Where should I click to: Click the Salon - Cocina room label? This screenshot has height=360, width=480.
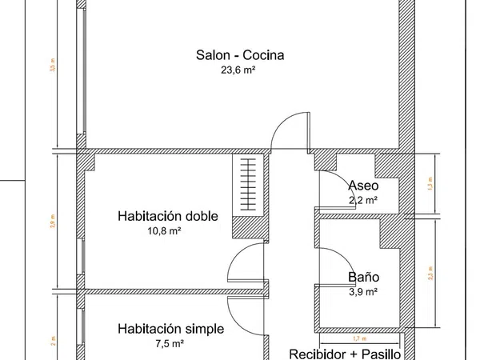pyautogui.click(x=240, y=55)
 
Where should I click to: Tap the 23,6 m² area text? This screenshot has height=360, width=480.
pyautogui.click(x=240, y=70)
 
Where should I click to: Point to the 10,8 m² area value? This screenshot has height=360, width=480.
pyautogui.click(x=164, y=230)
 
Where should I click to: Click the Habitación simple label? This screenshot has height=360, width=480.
pyautogui.click(x=170, y=329)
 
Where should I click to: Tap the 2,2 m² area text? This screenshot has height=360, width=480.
pyautogui.click(x=363, y=200)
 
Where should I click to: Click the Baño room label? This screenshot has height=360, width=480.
pyautogui.click(x=363, y=278)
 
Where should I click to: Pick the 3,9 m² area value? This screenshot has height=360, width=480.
pyautogui.click(x=363, y=292)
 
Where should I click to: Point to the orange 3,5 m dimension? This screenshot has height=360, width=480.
pyautogui.click(x=52, y=68)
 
